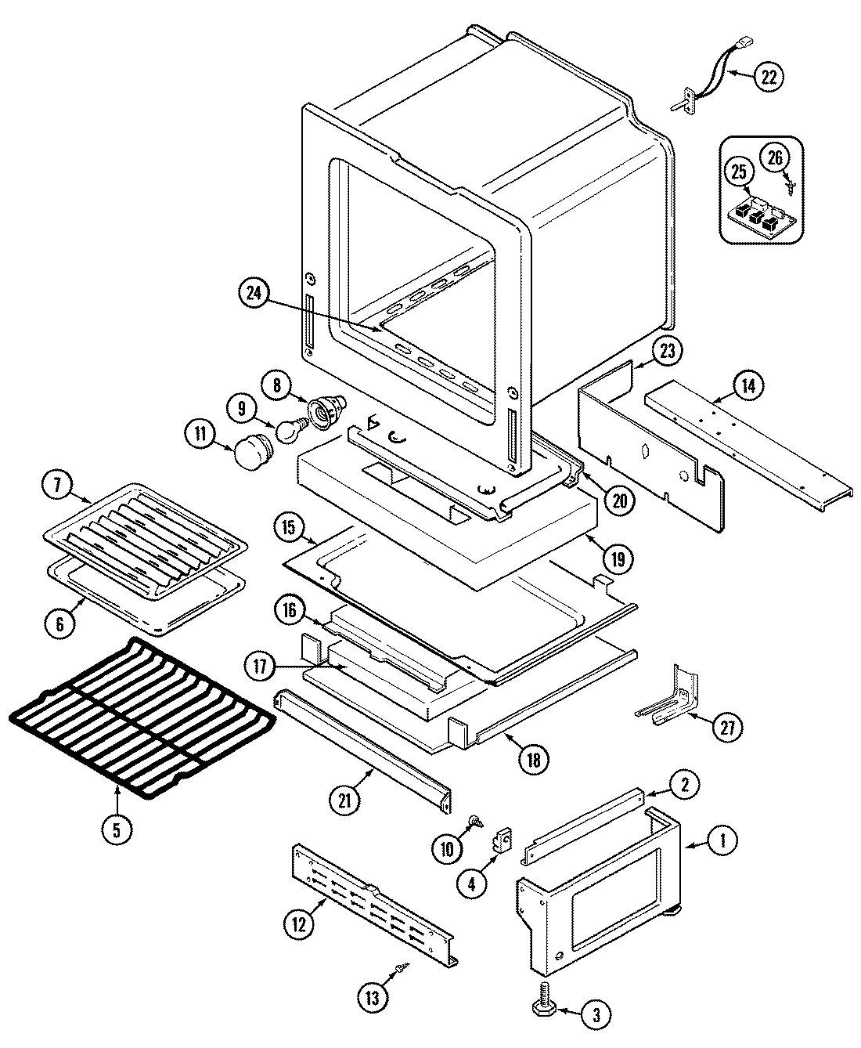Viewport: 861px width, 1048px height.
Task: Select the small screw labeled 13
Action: (x=402, y=969)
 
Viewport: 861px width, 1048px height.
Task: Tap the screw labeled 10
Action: (x=474, y=821)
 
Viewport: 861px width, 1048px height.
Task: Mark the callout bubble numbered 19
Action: (x=618, y=559)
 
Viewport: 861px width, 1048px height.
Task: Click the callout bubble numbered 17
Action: (x=260, y=667)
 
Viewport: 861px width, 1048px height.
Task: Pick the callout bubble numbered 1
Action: (x=722, y=842)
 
